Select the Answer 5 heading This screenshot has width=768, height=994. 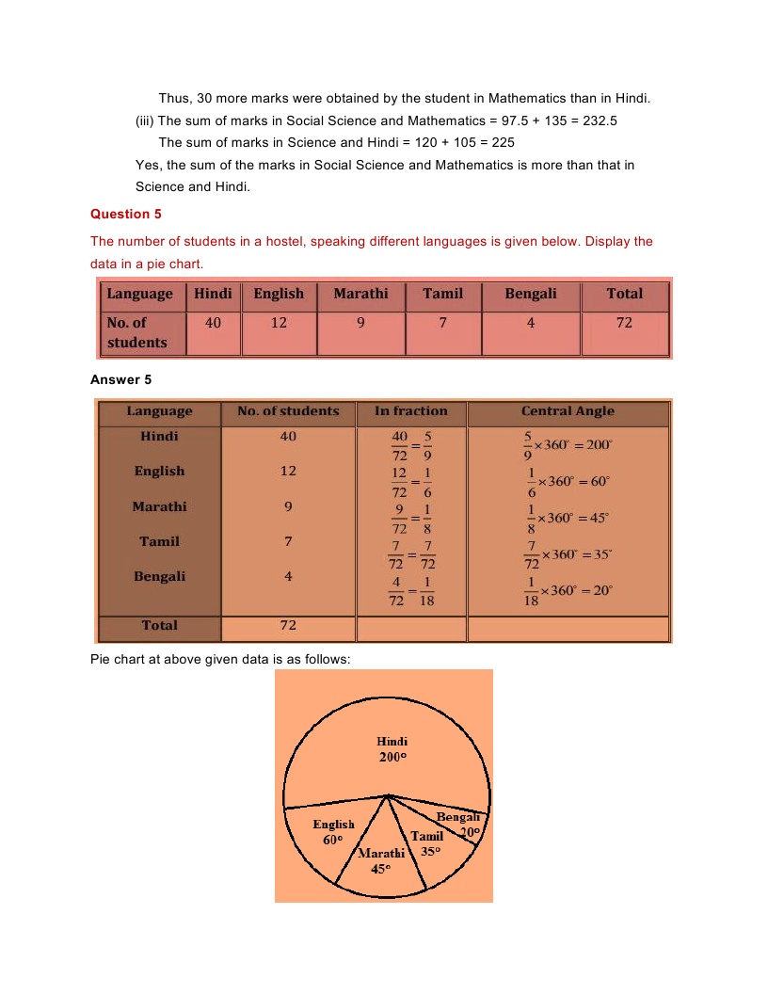pyautogui.click(x=120, y=379)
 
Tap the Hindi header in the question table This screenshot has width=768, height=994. pyautogui.click(x=213, y=294)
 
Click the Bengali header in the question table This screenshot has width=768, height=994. pyautogui.click(x=530, y=294)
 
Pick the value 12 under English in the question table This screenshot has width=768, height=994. pyautogui.click(x=279, y=323)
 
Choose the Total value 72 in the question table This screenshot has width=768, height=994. pyautogui.click(x=624, y=323)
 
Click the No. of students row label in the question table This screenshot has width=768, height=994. pyautogui.click(x=137, y=332)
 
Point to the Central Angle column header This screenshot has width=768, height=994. pyautogui.click(x=568, y=411)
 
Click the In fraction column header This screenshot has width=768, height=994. pyautogui.click(x=410, y=411)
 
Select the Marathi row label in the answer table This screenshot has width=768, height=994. pyautogui.click(x=159, y=506)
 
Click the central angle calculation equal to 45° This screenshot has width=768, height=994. pyautogui.click(x=567, y=518)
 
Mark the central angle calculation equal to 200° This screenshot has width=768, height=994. pyautogui.click(x=567, y=445)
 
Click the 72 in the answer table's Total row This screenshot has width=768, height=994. pyautogui.click(x=288, y=626)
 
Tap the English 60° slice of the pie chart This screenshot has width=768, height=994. pyautogui.click(x=333, y=831)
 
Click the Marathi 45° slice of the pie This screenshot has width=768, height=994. pyautogui.click(x=381, y=860)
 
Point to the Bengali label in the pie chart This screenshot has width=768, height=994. pyautogui.click(x=458, y=817)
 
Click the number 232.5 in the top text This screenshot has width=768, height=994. pyautogui.click(x=598, y=120)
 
